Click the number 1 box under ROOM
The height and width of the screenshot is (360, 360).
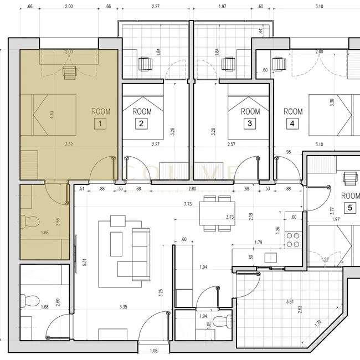tap(100, 124)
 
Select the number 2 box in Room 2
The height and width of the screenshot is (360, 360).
tap(142, 124)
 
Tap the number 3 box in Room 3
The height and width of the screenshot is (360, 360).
tap(250, 124)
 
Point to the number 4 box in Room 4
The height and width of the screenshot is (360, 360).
tap(292, 124)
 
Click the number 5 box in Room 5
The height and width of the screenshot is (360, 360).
tap(350, 208)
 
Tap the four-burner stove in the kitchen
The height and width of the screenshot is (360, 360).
tap(292, 239)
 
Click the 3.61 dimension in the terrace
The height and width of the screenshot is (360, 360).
tap(289, 302)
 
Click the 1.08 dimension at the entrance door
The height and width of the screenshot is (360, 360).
tap(154, 351)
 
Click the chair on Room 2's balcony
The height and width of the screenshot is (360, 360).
tap(145, 64)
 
